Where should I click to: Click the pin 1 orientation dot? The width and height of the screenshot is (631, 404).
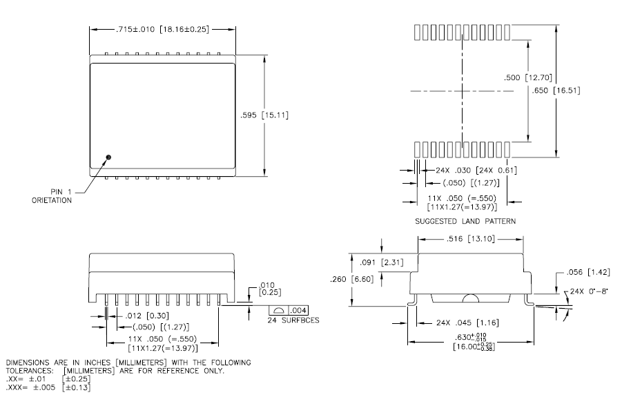click(108, 157)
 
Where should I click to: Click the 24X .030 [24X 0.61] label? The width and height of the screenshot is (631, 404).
click(477, 171)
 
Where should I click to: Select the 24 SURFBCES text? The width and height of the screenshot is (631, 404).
click(287, 320)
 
